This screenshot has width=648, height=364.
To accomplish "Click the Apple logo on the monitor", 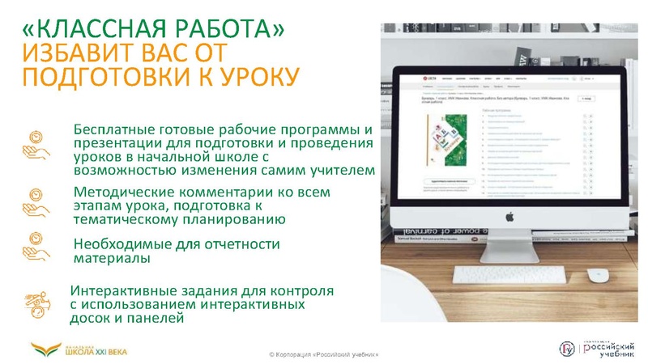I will pyautogui.click(x=510, y=216).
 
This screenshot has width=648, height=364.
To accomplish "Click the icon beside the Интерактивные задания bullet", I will pyautogui.click(x=36, y=304).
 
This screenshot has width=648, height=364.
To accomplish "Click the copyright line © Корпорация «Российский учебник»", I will pyautogui.click(x=323, y=355).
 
